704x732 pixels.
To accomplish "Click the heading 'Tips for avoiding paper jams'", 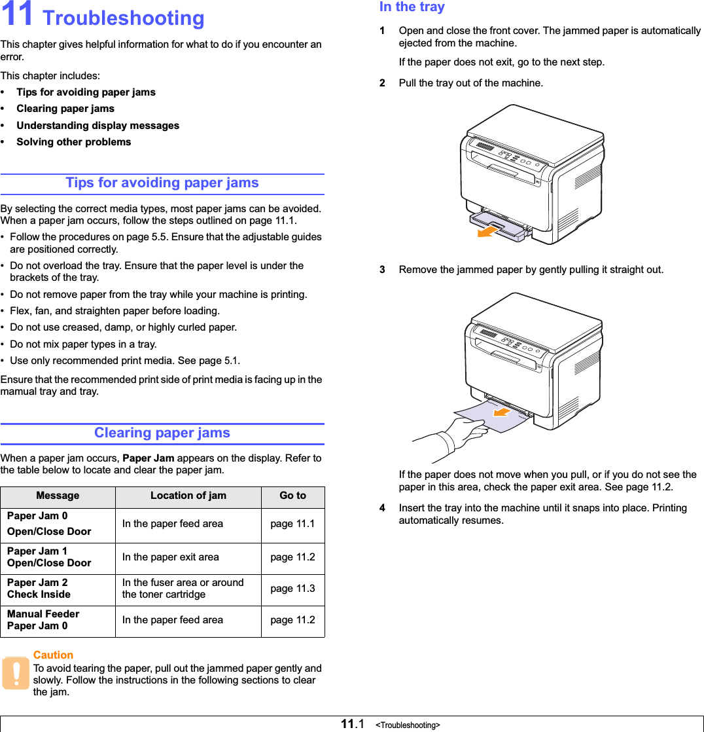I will point(162,183).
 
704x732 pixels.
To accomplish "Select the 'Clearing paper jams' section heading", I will point(162,433).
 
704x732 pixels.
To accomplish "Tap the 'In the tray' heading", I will point(412,7).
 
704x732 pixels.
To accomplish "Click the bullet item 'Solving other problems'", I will point(73,142).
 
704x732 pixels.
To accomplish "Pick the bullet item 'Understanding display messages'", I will point(97,126).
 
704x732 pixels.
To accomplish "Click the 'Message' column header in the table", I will point(58,496).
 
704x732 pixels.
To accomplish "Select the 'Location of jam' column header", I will point(188,496).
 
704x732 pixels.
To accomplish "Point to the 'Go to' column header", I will point(292,496).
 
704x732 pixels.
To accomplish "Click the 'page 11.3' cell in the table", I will point(292,589).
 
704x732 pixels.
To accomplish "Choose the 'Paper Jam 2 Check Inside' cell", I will point(39,589).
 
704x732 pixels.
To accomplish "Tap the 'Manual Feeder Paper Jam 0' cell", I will point(43,620).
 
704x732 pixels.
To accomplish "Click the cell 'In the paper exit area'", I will point(171,557).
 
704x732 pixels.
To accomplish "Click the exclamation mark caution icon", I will point(15,674).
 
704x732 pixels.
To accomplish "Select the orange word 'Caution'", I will point(53,655).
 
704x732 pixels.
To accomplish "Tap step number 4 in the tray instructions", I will point(383,508).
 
